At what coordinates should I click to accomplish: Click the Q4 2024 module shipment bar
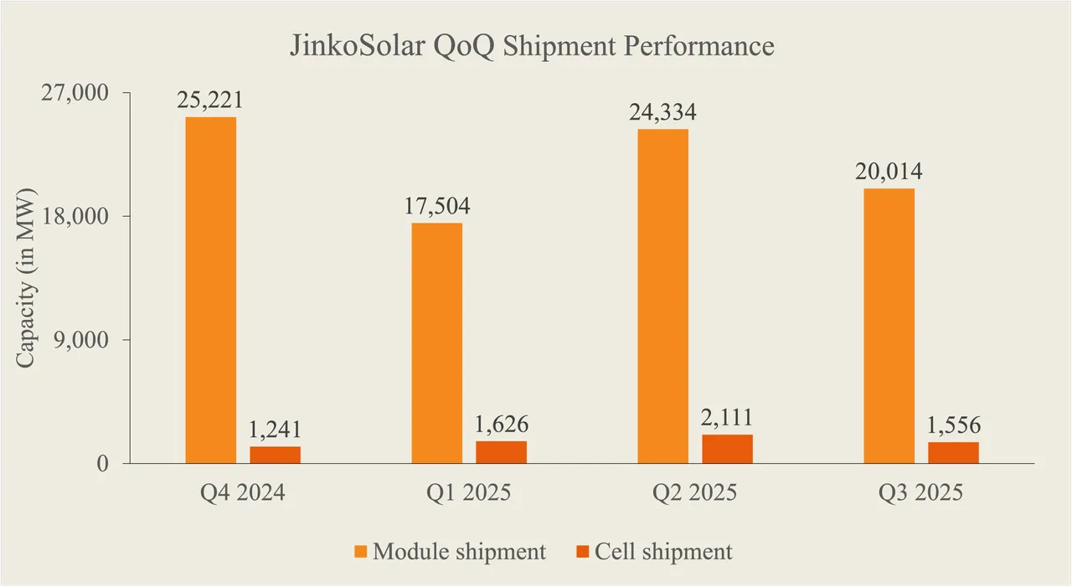click(x=210, y=290)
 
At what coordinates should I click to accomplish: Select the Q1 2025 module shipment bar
click(x=436, y=342)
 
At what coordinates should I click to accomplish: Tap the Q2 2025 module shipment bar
click(x=662, y=296)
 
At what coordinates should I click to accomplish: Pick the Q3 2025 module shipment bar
click(x=889, y=326)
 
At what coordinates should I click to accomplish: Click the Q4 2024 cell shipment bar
click(x=275, y=455)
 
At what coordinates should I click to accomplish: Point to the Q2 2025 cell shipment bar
click(x=727, y=449)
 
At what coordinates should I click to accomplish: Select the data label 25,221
click(x=209, y=100)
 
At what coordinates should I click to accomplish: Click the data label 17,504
click(x=435, y=206)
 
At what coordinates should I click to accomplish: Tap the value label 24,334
click(x=662, y=112)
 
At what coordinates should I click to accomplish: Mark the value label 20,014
click(x=889, y=172)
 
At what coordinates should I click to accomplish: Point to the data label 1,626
click(x=501, y=425)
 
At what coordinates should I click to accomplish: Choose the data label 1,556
click(x=953, y=425)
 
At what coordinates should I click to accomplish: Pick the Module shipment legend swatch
click(x=360, y=552)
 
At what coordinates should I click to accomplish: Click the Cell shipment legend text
click(x=663, y=552)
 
